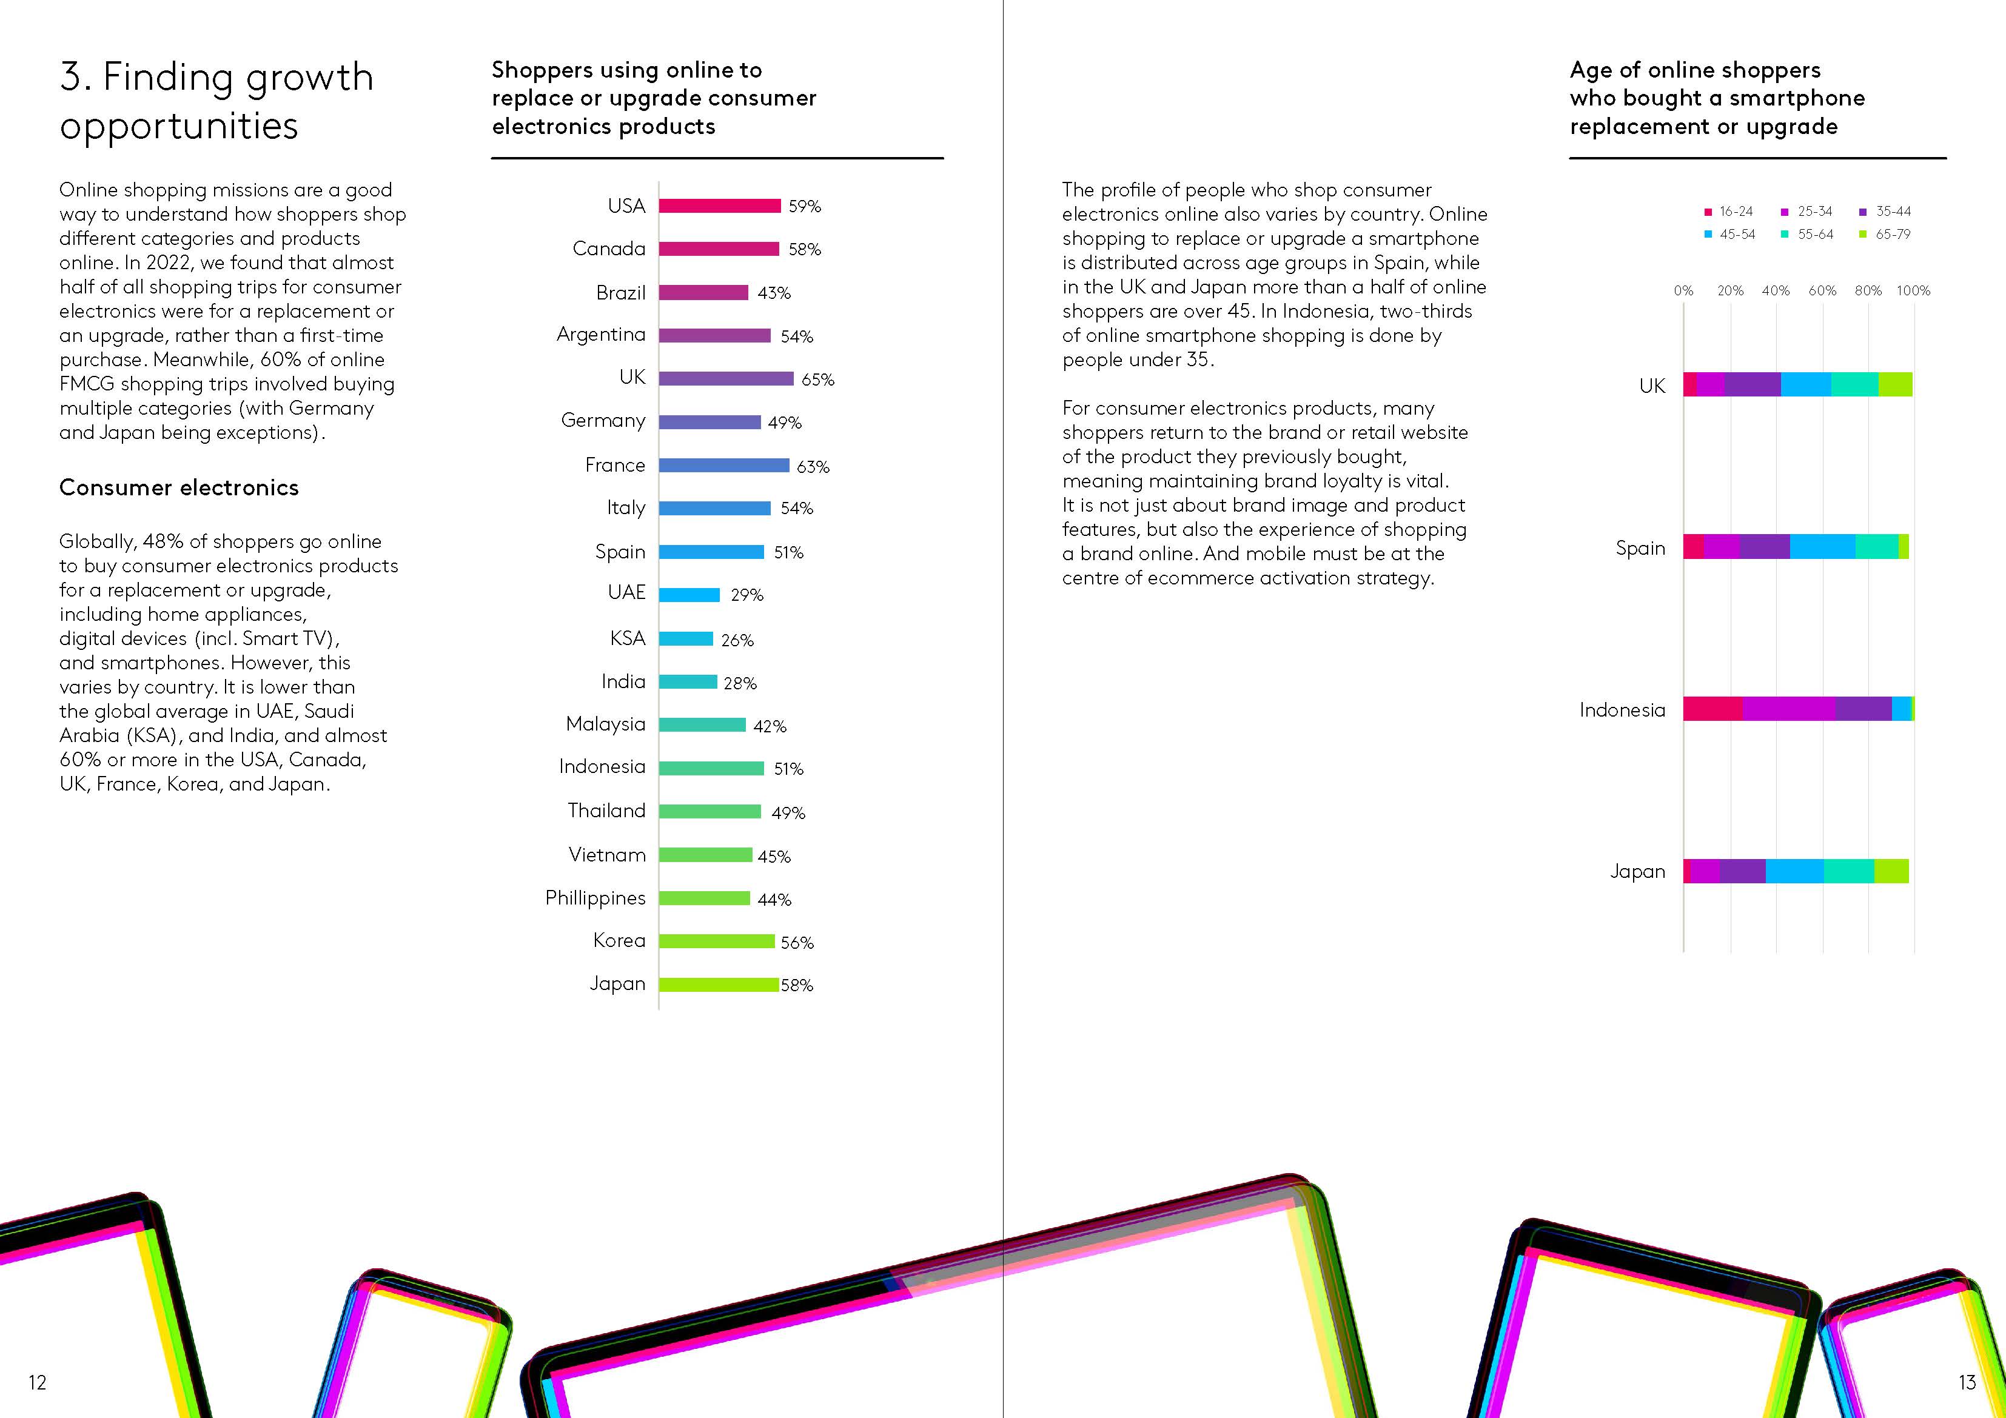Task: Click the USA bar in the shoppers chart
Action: [719, 206]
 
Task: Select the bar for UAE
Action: [689, 595]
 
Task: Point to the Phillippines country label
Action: [595, 898]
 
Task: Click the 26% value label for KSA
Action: [737, 640]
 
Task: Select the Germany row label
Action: [603, 421]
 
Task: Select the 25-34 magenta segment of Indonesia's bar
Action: [1788, 709]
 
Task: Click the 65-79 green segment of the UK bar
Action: [1895, 384]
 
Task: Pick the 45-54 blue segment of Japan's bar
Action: [1794, 871]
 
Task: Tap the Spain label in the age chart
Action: [1640, 549]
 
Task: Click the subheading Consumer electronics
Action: [179, 487]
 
